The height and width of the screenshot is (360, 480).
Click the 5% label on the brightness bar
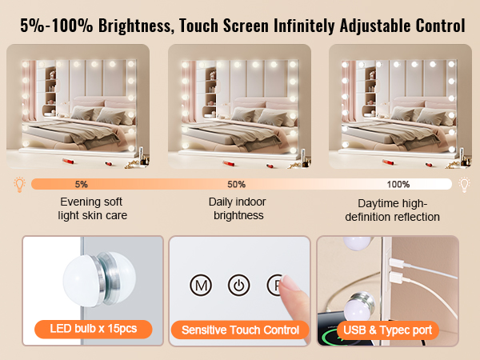click(x=82, y=184)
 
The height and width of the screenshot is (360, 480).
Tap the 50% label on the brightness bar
click(x=236, y=184)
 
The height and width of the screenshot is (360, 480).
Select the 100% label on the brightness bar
click(x=398, y=184)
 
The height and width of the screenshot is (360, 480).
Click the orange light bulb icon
click(x=19, y=185)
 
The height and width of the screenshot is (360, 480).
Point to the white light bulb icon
click(x=464, y=185)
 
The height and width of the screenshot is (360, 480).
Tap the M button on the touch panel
click(x=201, y=286)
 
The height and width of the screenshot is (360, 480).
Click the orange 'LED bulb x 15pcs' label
click(x=94, y=329)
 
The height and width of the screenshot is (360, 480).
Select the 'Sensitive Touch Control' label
click(x=240, y=330)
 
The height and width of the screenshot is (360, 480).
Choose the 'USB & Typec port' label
click(x=387, y=330)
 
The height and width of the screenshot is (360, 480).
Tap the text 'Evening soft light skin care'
click(x=92, y=209)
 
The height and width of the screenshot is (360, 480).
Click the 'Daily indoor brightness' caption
click(x=238, y=209)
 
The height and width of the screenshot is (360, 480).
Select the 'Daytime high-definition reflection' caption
click(x=393, y=210)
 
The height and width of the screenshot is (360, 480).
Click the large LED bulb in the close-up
click(x=99, y=279)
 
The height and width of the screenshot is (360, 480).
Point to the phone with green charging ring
click(x=334, y=330)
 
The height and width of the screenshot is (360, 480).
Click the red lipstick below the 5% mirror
click(x=68, y=161)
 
